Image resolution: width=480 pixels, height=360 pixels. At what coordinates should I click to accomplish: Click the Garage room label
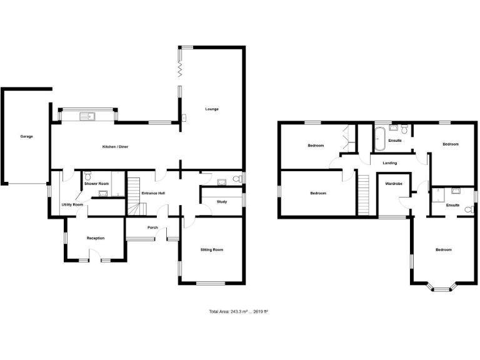(26, 136)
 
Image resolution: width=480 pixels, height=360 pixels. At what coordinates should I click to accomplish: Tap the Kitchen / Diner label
(116, 147)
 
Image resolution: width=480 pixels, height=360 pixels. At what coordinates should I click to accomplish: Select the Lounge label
(212, 109)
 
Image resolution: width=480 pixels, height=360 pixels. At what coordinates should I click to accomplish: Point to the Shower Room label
(97, 183)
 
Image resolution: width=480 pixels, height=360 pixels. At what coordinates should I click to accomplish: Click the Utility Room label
(72, 205)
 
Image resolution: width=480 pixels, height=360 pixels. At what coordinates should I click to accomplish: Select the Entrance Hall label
(153, 193)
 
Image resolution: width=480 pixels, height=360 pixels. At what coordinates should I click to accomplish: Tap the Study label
(222, 202)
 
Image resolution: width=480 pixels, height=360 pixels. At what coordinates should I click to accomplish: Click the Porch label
(152, 227)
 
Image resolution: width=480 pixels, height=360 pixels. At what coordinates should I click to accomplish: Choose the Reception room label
(96, 238)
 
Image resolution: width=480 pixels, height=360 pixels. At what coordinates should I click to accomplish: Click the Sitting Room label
(212, 249)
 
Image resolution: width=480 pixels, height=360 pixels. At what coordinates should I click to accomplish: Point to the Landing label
(390, 163)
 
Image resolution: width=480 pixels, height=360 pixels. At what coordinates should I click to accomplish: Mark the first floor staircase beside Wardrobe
(364, 194)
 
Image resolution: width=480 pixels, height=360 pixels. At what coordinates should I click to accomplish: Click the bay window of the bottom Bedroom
(442, 289)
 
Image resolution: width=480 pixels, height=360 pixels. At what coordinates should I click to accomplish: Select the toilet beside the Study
(236, 180)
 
